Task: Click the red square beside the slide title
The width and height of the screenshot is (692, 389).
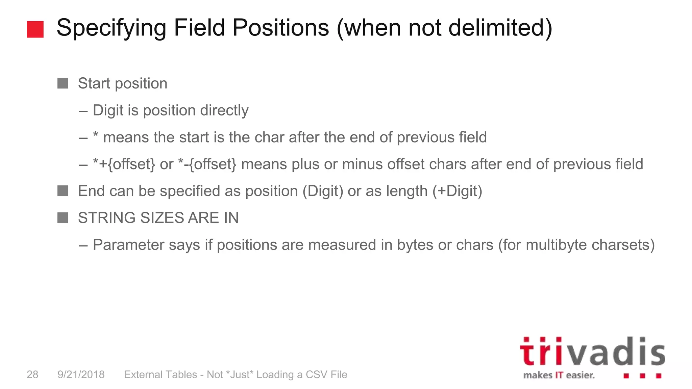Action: coord(35,29)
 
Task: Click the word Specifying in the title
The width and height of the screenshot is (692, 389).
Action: coord(111,28)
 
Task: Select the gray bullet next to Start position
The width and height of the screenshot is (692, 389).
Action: coord(63,83)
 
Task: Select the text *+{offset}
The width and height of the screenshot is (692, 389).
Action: coord(124,164)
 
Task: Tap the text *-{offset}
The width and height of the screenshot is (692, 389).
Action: coord(207,164)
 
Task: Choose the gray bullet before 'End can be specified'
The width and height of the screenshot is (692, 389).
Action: coord(63,191)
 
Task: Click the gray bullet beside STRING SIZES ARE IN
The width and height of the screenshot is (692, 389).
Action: coord(63,218)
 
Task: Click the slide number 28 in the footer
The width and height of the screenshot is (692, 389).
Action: coord(32,374)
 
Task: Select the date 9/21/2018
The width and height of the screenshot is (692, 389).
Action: coord(81,374)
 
